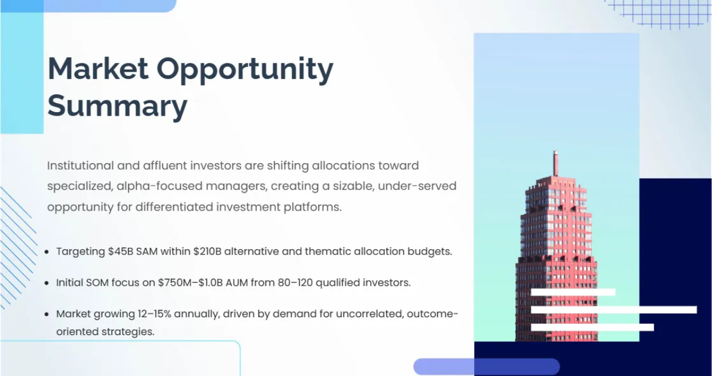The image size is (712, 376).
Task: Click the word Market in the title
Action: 98,69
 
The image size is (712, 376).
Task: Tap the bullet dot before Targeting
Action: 47,252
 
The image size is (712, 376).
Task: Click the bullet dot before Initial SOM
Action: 47,283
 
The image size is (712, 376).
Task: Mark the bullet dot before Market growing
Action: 47,315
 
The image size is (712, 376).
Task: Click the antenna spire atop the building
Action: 555,163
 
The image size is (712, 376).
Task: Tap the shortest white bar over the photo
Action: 573,292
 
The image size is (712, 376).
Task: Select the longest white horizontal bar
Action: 614,310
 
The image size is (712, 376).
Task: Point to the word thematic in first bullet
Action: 325,251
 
